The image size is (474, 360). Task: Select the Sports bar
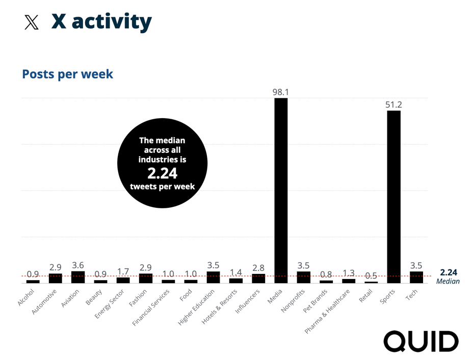coord(393,196)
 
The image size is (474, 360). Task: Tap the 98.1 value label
coord(281,92)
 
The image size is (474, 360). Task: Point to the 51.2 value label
coord(393,105)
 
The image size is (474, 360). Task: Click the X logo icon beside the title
coord(32,22)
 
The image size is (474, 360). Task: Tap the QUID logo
coord(421,341)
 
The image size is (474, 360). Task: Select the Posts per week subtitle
coord(67,74)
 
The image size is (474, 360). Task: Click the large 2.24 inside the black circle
coord(162,174)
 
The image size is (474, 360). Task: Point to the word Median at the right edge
coord(448,282)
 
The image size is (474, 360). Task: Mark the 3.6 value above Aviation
coord(78,265)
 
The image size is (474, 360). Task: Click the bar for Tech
coord(416,277)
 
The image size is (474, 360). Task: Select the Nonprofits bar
coord(304,277)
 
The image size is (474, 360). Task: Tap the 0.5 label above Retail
coord(371,275)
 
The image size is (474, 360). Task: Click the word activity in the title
coord(112,22)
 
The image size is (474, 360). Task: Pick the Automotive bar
coord(56,278)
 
